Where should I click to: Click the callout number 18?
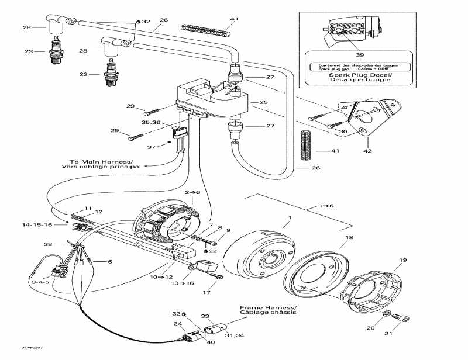click(x=349, y=238)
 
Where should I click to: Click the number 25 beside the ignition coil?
click(x=263, y=102)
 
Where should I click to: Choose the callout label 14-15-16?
click(x=37, y=224)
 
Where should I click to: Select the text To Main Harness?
click(x=101, y=161)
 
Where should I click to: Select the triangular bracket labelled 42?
click(x=369, y=117)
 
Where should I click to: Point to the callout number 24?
click(x=176, y=324)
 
